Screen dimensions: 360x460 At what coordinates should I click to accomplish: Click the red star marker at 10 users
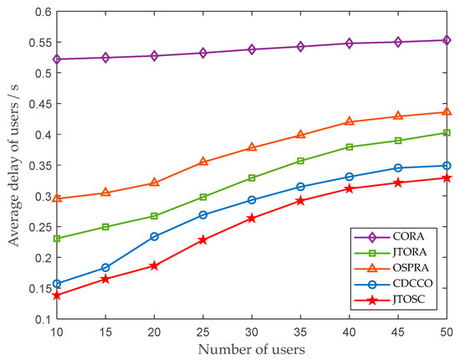click(x=57, y=296)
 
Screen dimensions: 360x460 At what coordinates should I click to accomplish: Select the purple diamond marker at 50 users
click(x=447, y=40)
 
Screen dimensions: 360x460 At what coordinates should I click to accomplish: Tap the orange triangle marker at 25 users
click(x=203, y=162)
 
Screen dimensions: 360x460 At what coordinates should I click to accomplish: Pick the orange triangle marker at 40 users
click(x=350, y=121)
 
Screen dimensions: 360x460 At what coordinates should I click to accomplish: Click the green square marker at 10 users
click(x=57, y=239)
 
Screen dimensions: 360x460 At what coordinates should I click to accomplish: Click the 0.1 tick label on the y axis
click(x=41, y=319)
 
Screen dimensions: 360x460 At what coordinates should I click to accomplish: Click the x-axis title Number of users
click(x=252, y=348)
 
